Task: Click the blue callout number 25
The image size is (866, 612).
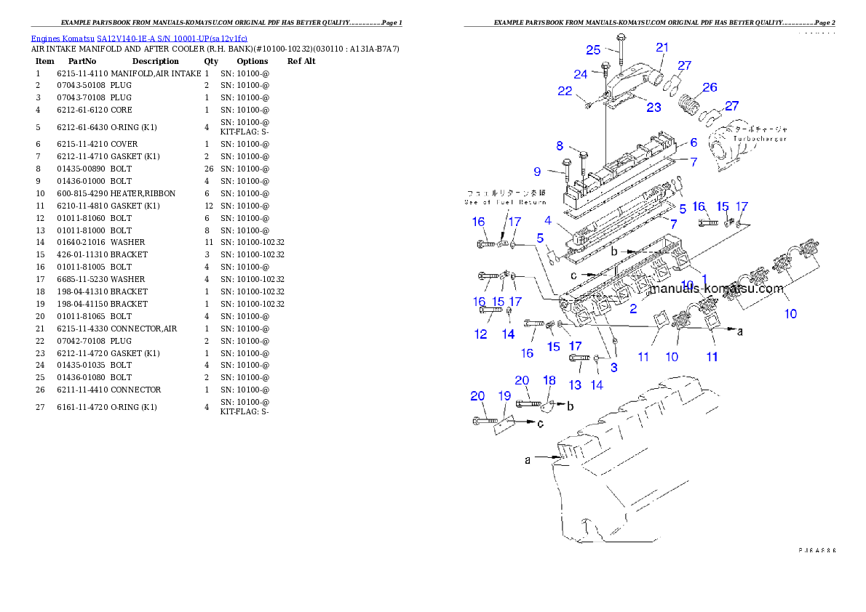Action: point(593,49)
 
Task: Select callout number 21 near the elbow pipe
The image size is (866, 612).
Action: point(662,47)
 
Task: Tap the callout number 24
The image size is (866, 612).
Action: point(580,74)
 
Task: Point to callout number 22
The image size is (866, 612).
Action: point(565,91)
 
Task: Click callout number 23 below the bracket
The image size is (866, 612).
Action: point(654,107)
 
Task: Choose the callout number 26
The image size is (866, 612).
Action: point(710,87)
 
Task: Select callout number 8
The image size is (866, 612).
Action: point(560,145)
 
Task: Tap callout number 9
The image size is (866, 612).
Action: point(537,172)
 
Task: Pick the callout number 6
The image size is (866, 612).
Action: point(694,143)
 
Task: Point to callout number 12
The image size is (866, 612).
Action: point(480,334)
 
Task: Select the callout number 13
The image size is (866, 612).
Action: point(575,385)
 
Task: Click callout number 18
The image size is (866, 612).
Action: point(549,380)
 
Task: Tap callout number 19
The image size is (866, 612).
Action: point(504,396)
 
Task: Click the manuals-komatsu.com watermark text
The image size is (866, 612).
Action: point(716,289)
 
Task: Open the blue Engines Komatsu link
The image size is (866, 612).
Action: point(139,38)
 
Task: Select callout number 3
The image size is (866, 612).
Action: point(613,368)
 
